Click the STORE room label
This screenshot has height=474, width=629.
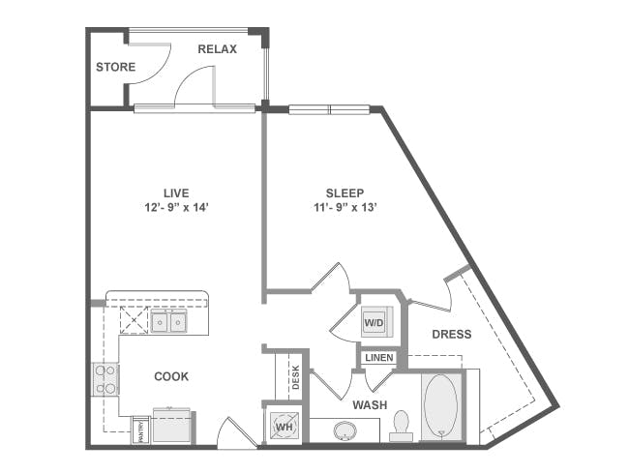point(115,67)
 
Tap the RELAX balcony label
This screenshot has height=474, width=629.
point(218,48)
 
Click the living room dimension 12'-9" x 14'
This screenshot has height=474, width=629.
point(174,208)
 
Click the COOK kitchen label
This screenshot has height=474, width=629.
point(171,376)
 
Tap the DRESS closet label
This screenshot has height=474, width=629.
point(452,335)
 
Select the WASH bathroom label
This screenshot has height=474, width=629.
point(371,404)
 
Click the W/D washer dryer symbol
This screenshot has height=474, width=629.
point(374,322)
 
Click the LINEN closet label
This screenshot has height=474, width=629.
point(379,358)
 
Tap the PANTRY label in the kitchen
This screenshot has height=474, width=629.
point(141,429)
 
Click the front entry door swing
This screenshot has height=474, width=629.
point(235,432)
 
